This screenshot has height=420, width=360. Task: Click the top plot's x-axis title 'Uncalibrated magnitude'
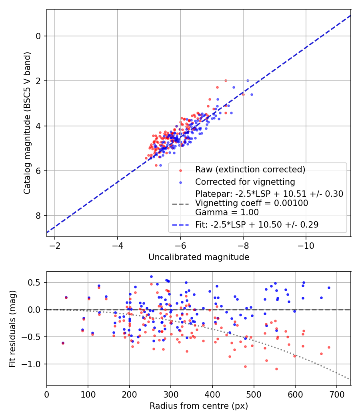(199, 257)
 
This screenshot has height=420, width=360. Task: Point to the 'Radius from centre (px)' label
(199, 406)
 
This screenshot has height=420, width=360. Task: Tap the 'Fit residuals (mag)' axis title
(12, 328)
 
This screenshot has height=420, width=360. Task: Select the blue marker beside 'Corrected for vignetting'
(180, 182)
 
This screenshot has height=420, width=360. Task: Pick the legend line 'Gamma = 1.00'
(227, 212)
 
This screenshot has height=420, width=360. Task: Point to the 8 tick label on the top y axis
(39, 216)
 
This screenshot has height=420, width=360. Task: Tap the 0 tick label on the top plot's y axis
(39, 36)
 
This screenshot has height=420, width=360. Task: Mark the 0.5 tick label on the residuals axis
(36, 283)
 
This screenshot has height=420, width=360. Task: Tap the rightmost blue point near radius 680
(329, 288)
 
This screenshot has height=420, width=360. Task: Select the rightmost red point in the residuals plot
(329, 347)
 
